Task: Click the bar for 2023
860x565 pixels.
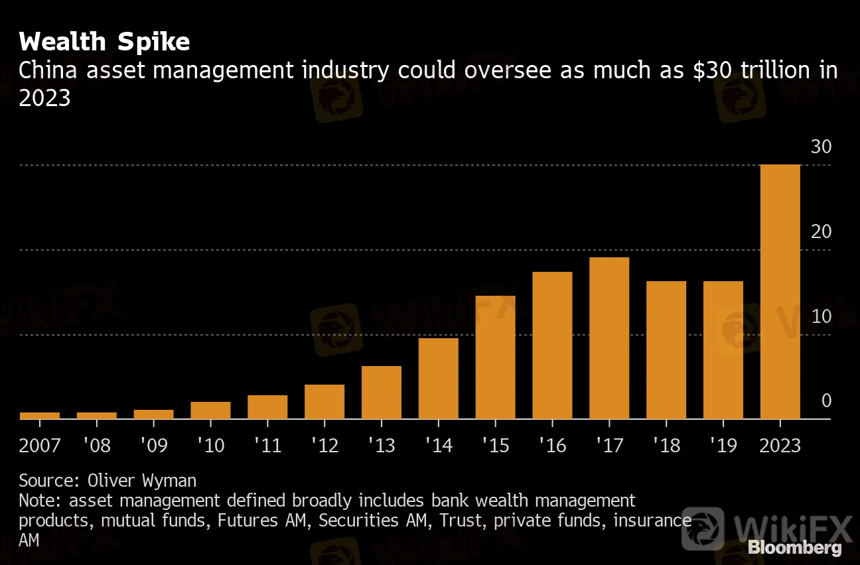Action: click(x=780, y=292)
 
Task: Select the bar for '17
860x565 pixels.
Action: click(x=609, y=338)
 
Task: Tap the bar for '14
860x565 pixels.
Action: click(x=439, y=379)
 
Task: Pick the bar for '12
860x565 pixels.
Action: click(x=324, y=402)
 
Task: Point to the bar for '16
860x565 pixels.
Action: click(x=552, y=345)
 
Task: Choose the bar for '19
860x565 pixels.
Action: click(x=723, y=350)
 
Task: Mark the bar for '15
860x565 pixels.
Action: click(x=496, y=357)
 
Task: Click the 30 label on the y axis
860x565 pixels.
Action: click(x=821, y=147)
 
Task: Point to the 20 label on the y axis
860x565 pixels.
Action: click(x=821, y=232)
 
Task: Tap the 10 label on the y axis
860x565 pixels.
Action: click(x=821, y=316)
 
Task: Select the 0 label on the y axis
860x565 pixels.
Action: click(x=826, y=401)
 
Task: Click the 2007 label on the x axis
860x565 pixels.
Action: click(x=40, y=444)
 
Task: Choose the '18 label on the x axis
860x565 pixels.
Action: click(x=666, y=444)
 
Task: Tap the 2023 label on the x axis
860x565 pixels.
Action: click(x=780, y=444)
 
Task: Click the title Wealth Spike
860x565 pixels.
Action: click(x=104, y=42)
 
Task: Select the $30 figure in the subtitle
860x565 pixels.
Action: click(x=709, y=70)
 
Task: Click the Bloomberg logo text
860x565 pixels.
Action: click(x=794, y=548)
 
